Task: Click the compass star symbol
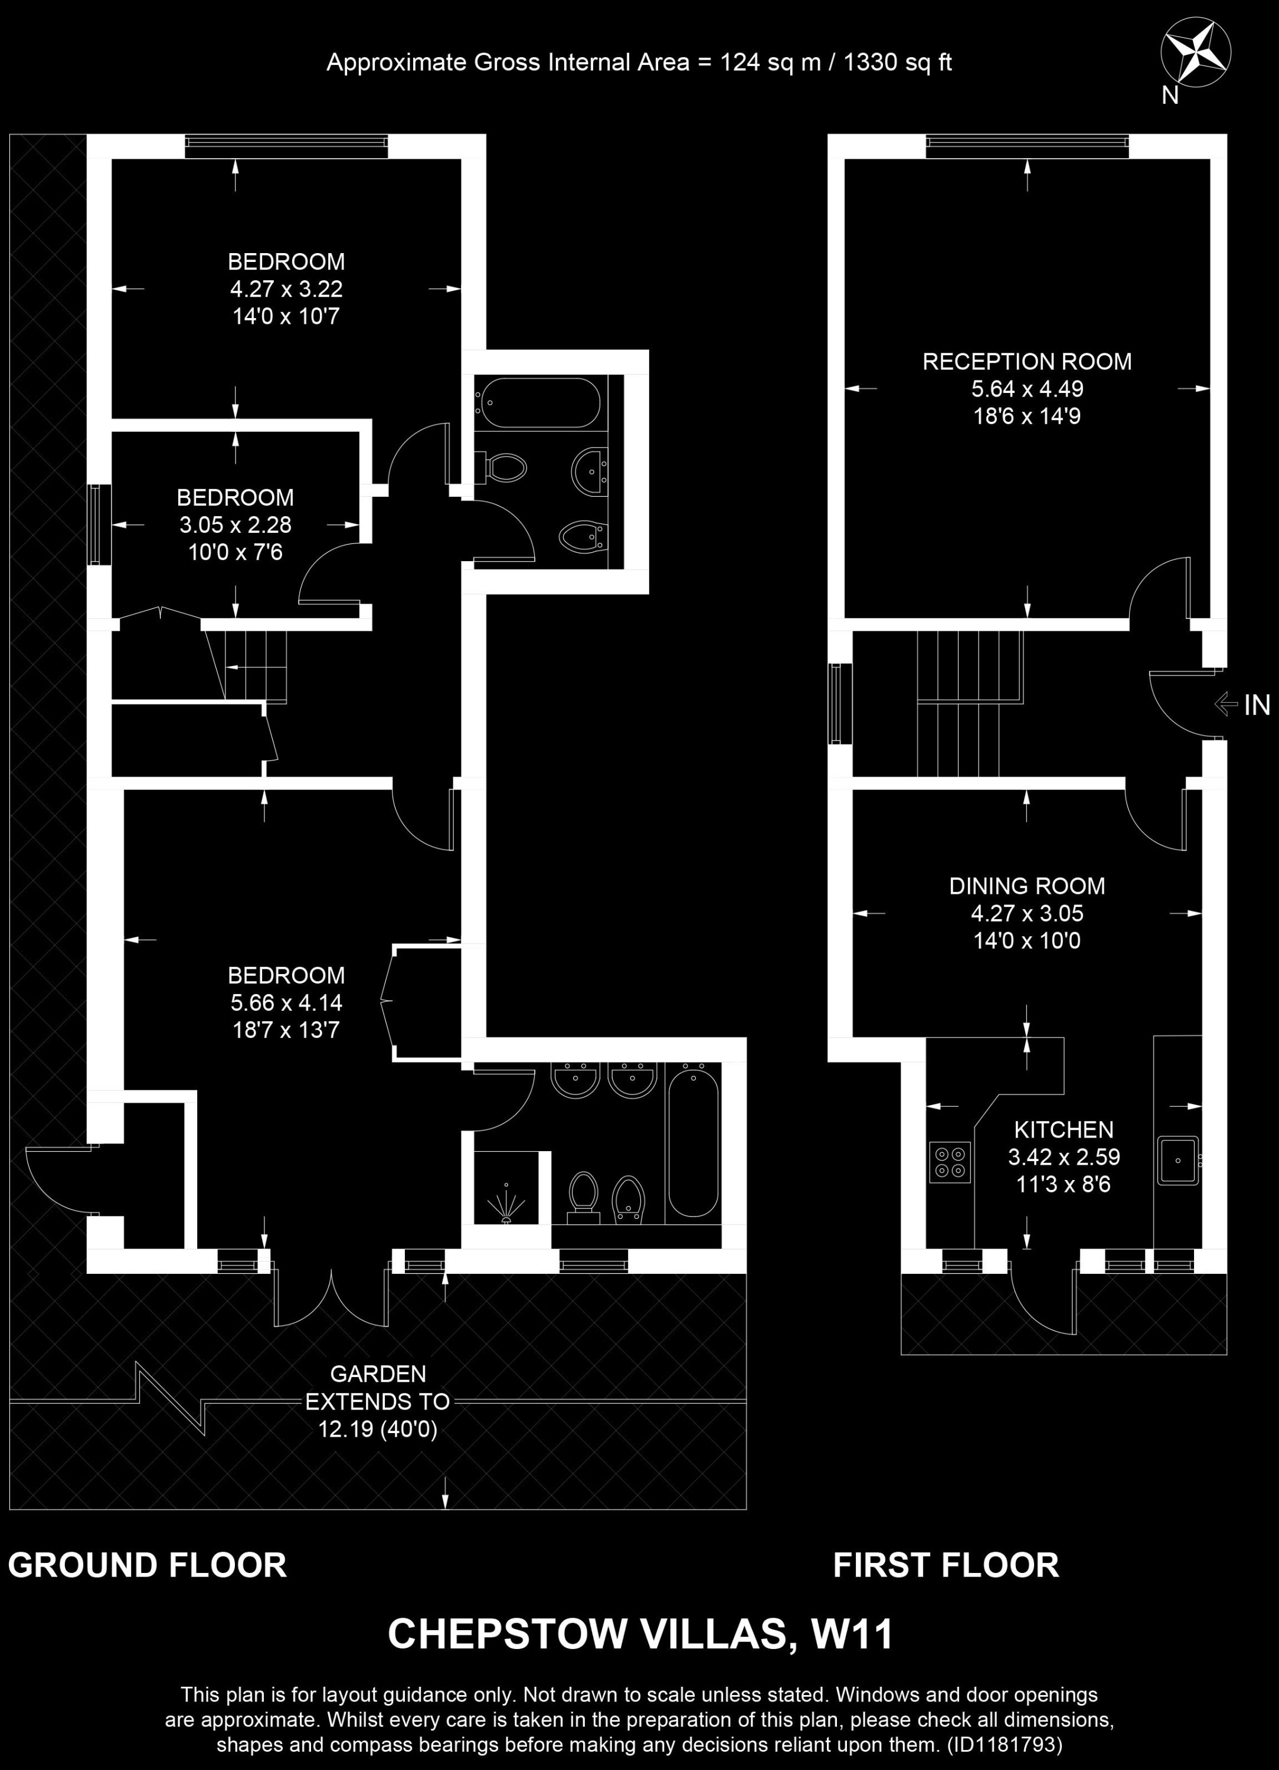pyautogui.click(x=1195, y=54)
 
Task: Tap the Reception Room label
pyautogui.click(x=1027, y=361)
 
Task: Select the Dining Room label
pyautogui.click(x=1027, y=886)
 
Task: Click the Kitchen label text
pyautogui.click(x=1064, y=1129)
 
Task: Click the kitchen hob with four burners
pyautogui.click(x=950, y=1162)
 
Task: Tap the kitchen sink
pyautogui.click(x=1177, y=1161)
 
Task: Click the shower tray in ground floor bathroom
pyautogui.click(x=506, y=1187)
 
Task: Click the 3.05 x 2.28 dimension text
pyautogui.click(x=235, y=525)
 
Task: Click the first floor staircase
pyautogui.click(x=970, y=703)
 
